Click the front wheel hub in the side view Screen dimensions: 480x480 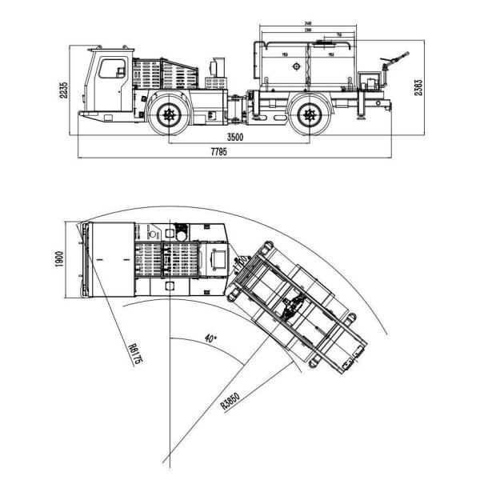[169, 115]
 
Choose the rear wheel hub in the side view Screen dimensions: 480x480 [308, 115]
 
